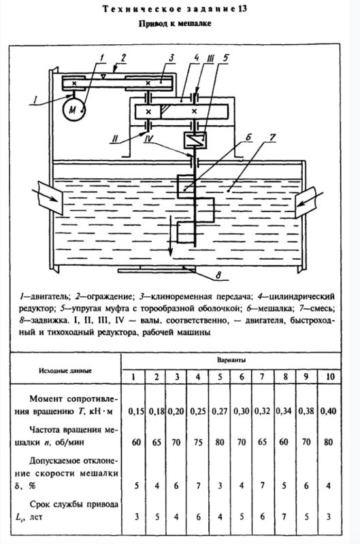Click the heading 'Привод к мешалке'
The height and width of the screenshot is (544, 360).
180,23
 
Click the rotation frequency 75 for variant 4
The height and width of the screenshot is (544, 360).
201,441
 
